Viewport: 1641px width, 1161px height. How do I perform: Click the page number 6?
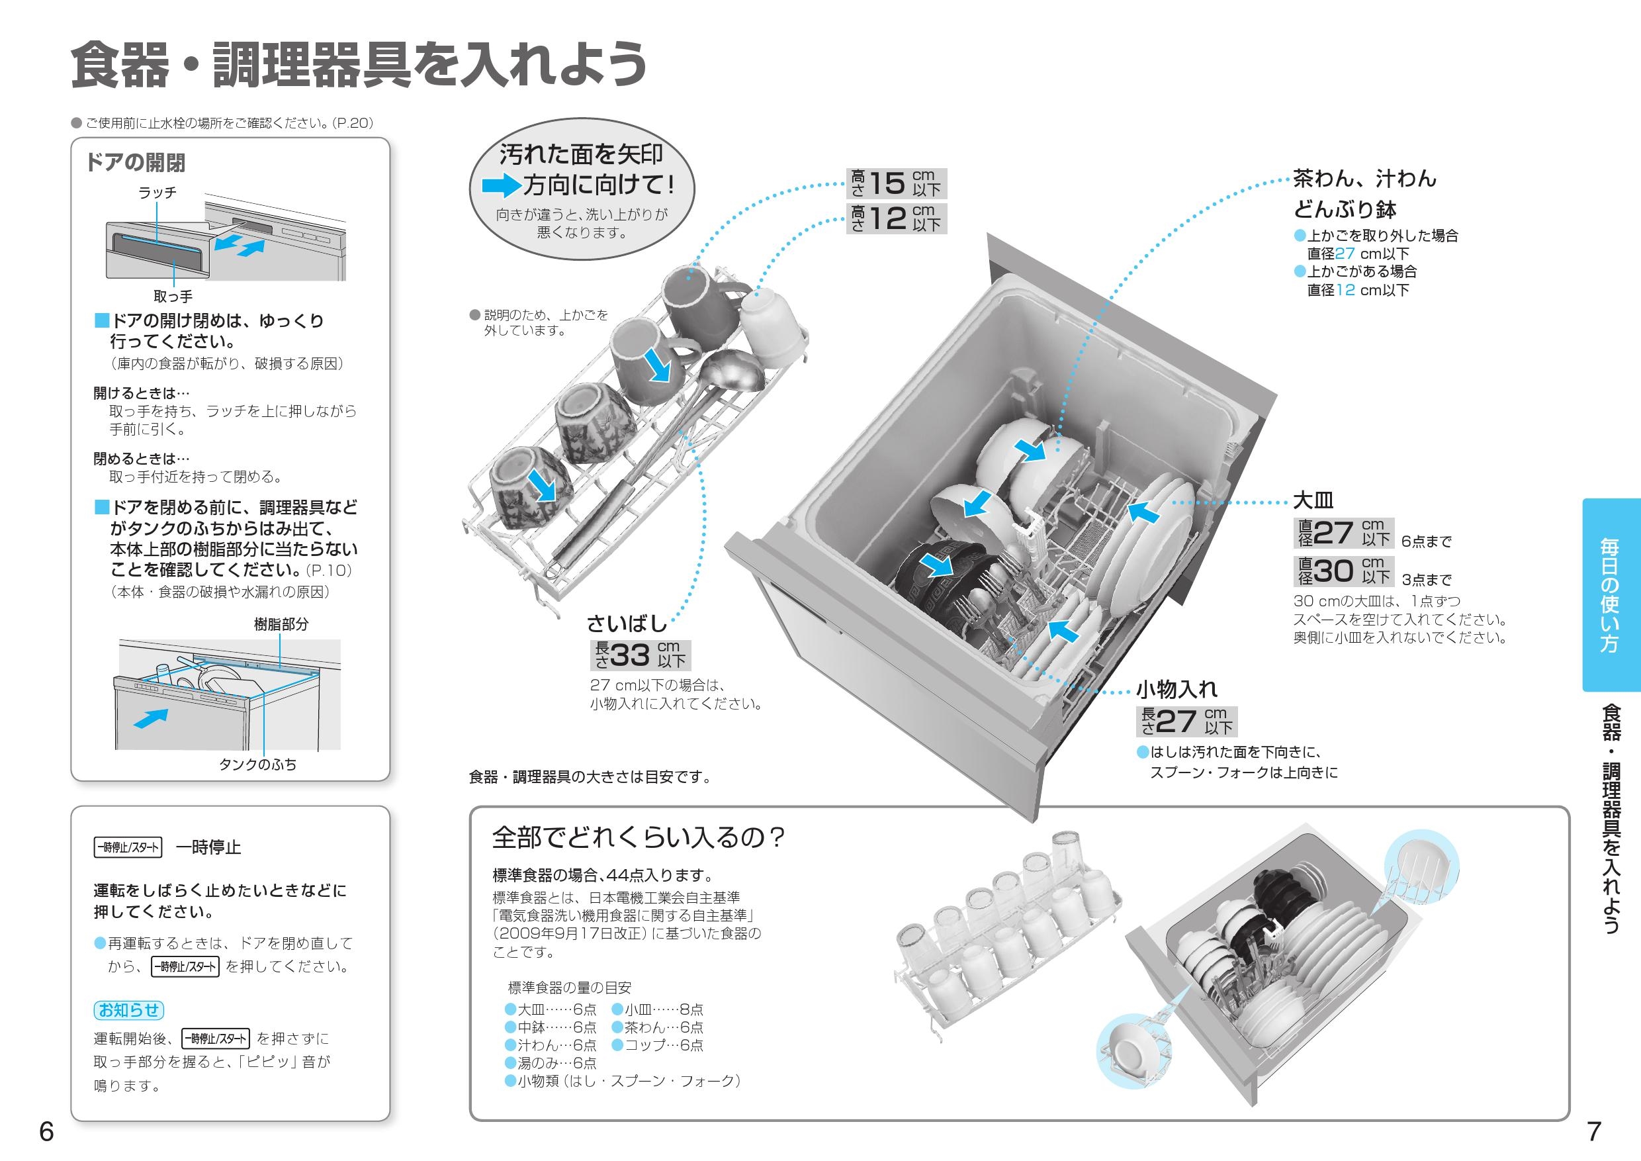coord(46,1132)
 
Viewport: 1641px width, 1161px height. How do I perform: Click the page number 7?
coord(1593,1132)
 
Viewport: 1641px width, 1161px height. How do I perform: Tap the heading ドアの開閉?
coord(135,163)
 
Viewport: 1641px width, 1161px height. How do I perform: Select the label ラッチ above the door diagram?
coord(157,193)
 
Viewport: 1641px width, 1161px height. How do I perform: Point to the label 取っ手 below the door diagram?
coord(173,296)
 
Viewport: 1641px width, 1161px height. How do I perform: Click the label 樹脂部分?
coord(281,624)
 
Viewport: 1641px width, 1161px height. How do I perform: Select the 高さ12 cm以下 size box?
coord(896,218)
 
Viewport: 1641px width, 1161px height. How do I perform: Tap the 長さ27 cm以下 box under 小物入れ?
coord(1186,721)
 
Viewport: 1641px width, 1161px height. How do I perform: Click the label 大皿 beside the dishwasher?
coord(1313,500)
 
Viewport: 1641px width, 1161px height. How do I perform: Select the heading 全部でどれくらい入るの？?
coord(639,837)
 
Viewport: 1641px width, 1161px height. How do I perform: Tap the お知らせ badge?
coord(128,1009)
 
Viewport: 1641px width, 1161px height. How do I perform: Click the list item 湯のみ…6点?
coord(551,1063)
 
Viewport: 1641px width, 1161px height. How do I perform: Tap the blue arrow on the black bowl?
coord(936,565)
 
